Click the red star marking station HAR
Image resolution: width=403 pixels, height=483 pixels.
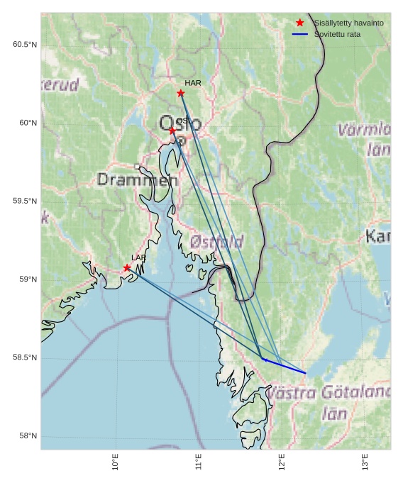click(181, 93)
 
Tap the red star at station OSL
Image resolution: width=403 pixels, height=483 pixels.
click(172, 131)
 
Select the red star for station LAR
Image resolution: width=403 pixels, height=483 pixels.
click(127, 268)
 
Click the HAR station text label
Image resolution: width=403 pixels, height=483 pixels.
click(193, 83)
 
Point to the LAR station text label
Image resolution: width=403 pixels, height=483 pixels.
click(138, 257)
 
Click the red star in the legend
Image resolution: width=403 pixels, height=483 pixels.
click(300, 23)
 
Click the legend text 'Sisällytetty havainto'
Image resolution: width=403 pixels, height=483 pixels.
click(348, 23)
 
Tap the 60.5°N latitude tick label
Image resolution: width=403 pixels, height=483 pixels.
click(24, 45)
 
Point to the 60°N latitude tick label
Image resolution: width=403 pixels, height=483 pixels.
click(28, 123)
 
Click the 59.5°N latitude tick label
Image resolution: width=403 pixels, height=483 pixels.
click(24, 201)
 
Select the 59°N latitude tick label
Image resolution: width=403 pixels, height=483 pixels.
click(28, 279)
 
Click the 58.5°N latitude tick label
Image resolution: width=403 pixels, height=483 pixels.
click(24, 357)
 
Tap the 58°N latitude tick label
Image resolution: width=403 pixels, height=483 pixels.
click(28, 435)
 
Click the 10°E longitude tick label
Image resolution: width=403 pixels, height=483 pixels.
click(116, 462)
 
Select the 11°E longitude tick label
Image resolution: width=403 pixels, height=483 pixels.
click(199, 462)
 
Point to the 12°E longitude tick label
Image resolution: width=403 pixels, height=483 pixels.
click(282, 462)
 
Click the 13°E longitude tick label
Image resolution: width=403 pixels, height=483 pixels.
click(365, 462)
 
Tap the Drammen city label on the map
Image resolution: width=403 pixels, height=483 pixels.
click(138, 180)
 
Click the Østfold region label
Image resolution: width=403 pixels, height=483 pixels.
click(216, 242)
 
